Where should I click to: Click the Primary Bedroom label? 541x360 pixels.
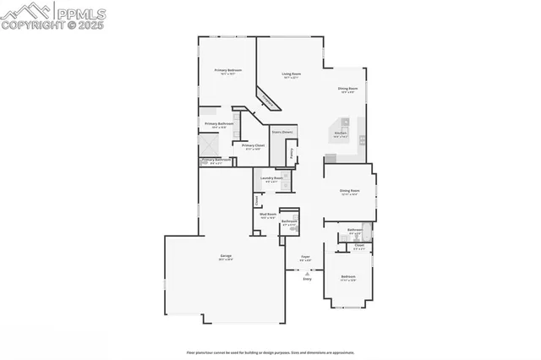(x=228, y=70)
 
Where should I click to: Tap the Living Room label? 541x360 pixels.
(x=292, y=74)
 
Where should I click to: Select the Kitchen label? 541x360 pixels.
(x=341, y=133)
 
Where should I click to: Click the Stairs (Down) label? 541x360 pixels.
(x=281, y=133)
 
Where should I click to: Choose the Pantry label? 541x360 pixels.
(x=292, y=154)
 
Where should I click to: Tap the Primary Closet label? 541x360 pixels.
(x=253, y=145)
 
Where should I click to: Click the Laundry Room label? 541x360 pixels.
(x=271, y=178)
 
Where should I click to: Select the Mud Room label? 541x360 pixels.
(x=269, y=215)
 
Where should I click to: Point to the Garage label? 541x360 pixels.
(x=227, y=255)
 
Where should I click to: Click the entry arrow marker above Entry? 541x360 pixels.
(x=307, y=271)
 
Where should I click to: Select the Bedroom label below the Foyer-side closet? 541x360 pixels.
(x=348, y=276)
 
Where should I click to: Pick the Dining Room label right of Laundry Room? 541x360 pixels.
(x=350, y=191)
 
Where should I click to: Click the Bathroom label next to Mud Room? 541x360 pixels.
(x=288, y=221)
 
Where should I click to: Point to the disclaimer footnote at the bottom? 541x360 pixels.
(x=270, y=352)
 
